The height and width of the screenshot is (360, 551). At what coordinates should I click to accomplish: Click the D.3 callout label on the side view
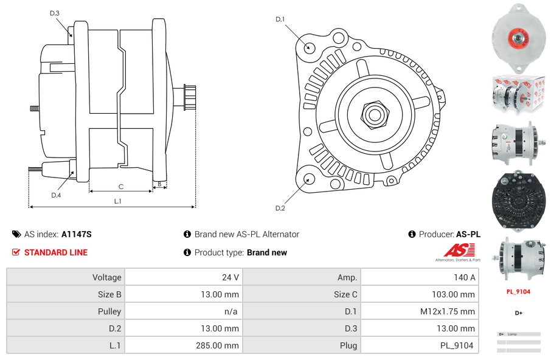[55, 13]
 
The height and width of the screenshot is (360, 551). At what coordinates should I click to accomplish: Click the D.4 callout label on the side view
[56, 195]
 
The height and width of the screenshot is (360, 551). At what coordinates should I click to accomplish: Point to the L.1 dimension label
[117, 201]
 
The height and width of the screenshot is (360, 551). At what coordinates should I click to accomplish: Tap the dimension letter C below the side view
[121, 186]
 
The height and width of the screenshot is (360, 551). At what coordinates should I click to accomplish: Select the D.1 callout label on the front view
[280, 19]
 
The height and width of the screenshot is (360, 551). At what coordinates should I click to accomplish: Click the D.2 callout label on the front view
[280, 208]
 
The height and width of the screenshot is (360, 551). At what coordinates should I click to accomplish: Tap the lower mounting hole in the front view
[309, 179]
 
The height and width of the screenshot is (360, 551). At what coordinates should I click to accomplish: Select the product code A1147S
[77, 234]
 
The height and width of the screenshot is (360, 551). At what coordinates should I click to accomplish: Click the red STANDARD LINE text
[56, 252]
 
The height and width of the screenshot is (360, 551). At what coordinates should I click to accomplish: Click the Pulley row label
[109, 311]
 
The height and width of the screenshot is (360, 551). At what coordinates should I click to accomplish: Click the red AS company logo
[456, 250]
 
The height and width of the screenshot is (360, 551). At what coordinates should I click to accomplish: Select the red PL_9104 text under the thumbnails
[518, 291]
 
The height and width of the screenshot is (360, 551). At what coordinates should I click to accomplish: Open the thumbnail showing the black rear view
[518, 201]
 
